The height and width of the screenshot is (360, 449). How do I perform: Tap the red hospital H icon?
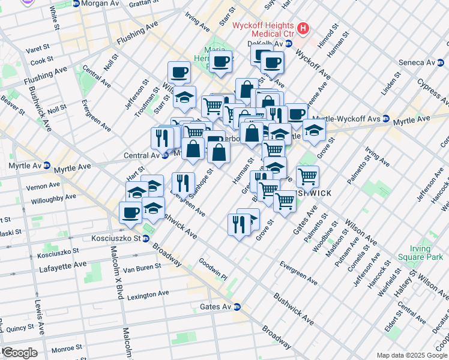click(x=303, y=28)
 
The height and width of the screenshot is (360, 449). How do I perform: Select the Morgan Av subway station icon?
click(x=76, y=4)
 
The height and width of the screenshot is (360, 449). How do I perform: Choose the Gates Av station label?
click(x=214, y=307)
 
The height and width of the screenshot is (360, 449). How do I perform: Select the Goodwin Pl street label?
click(x=213, y=270)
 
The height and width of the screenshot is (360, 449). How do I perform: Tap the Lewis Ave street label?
click(x=39, y=315)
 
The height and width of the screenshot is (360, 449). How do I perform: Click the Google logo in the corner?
click(x=19, y=353)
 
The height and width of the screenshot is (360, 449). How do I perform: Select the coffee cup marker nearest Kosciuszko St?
click(x=131, y=212)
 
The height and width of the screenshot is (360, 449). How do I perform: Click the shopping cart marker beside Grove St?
click(x=307, y=176)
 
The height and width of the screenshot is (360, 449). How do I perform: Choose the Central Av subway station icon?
click(x=164, y=156)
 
